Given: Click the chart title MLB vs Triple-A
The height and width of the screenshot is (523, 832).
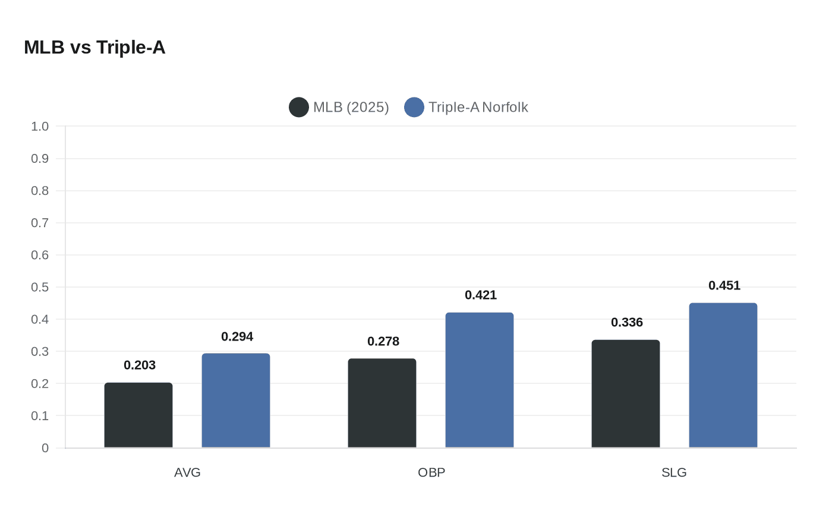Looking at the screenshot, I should coord(94,48).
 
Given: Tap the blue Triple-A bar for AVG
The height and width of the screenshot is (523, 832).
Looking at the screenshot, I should coord(236,401).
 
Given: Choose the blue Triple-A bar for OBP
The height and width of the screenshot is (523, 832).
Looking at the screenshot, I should coord(480,380).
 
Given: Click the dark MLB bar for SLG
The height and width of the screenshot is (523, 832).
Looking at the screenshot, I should coord(626,393).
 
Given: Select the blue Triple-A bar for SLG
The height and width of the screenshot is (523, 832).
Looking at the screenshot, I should coord(723,375).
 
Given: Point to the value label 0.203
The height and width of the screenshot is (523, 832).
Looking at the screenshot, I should coord(140,365).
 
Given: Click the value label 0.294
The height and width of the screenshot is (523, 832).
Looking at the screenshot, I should coord(237,336).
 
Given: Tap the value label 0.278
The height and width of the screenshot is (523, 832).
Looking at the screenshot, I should coord(383,341).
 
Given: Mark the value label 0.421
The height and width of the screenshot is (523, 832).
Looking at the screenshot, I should coord(481,295).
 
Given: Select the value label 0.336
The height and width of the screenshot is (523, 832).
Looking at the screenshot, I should coord(627,322).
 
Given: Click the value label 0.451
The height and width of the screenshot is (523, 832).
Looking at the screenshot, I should coord(724,285).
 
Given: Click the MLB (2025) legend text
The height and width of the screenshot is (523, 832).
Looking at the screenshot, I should coord(351,107).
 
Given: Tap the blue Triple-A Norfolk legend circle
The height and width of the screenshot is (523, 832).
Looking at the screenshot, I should coord(414,107).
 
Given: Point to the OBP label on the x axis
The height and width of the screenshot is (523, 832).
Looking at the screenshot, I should coord(431,472).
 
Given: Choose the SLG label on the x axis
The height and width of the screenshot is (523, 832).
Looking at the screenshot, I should coord(674,472).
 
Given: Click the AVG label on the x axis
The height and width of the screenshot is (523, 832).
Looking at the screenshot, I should coord(187,472).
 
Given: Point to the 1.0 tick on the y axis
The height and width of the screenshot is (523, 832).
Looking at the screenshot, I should coord(40,126).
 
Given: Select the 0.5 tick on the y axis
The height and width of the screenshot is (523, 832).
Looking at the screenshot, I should coord(40,287).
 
